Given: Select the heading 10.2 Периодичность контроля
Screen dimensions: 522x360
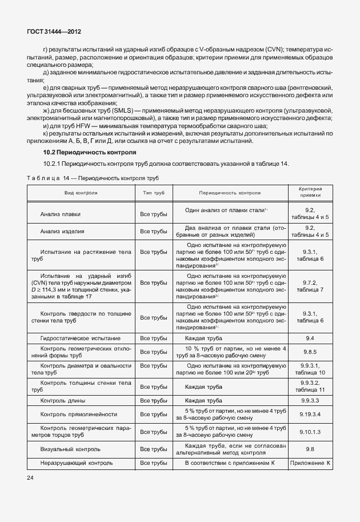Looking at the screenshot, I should [90, 153].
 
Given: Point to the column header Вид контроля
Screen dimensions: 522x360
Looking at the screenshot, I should [80, 193].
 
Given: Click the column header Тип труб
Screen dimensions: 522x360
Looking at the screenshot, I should [153, 193].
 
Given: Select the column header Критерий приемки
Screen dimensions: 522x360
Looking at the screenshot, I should [310, 193].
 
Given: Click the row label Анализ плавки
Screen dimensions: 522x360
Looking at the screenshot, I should [60, 214].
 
